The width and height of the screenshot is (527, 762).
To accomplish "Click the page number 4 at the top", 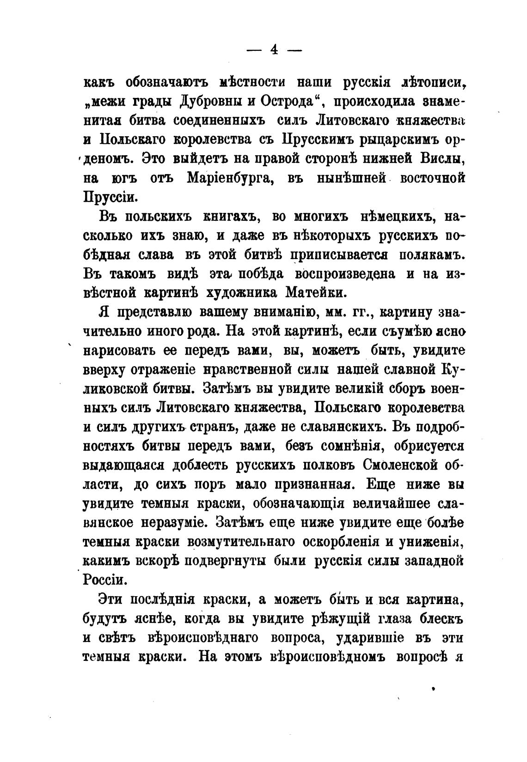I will pyautogui.click(x=274, y=50).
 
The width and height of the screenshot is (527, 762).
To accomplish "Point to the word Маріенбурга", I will pyautogui.click(x=231, y=178).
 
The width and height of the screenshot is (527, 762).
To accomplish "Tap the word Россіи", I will pyautogui.click(x=104, y=579).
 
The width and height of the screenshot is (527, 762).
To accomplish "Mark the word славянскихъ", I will pyautogui.click(x=330, y=427).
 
